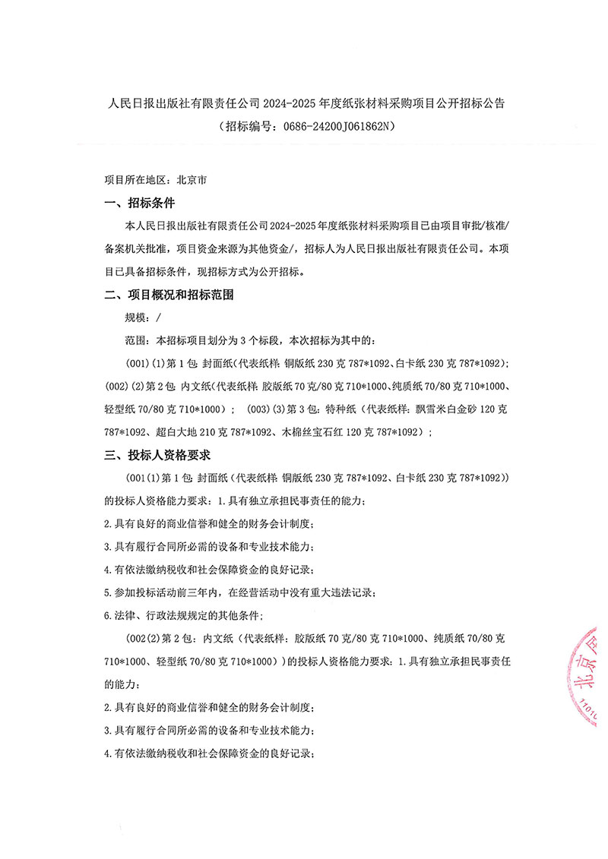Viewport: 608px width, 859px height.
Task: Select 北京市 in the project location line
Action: [191, 182]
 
